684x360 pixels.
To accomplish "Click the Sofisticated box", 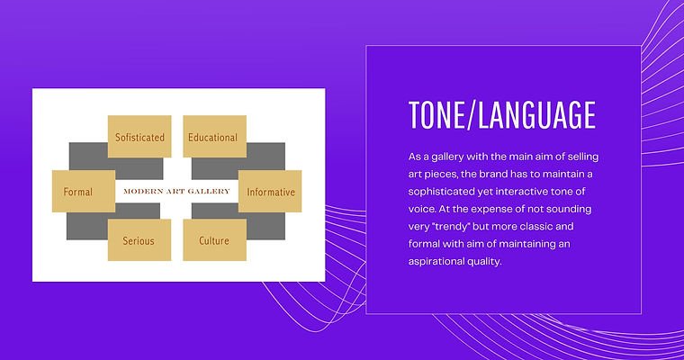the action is point(139,137).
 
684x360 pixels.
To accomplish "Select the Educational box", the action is point(214,137).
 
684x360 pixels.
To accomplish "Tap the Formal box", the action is point(84,191).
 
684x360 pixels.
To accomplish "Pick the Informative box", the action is point(270,191).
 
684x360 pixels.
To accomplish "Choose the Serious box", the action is point(139,240).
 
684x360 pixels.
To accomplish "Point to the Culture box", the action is point(214,240).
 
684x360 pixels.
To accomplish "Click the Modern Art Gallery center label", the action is point(176,191).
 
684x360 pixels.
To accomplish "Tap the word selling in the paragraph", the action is point(583,157).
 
